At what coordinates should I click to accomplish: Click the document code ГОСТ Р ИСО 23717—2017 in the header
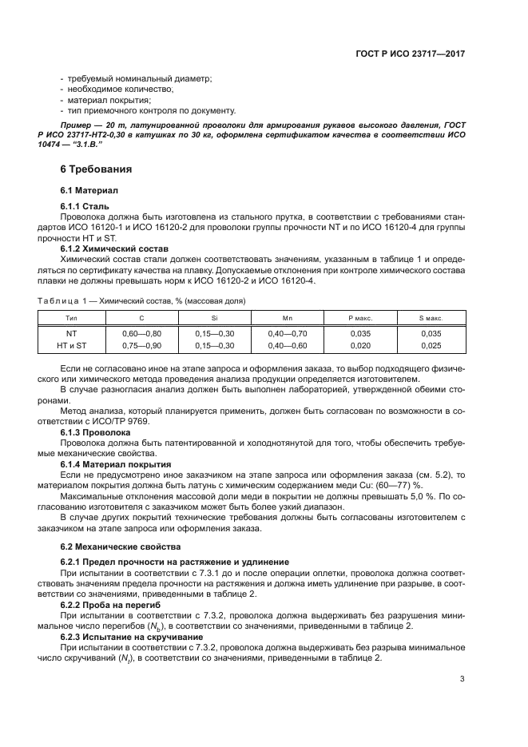tap(411, 54)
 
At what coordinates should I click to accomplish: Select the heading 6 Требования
tap(96, 169)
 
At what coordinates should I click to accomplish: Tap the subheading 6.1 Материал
tap(89, 191)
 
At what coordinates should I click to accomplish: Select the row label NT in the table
tap(71, 332)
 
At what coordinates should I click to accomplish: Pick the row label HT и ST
tap(71, 345)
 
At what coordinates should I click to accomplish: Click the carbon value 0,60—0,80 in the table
tap(141, 332)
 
